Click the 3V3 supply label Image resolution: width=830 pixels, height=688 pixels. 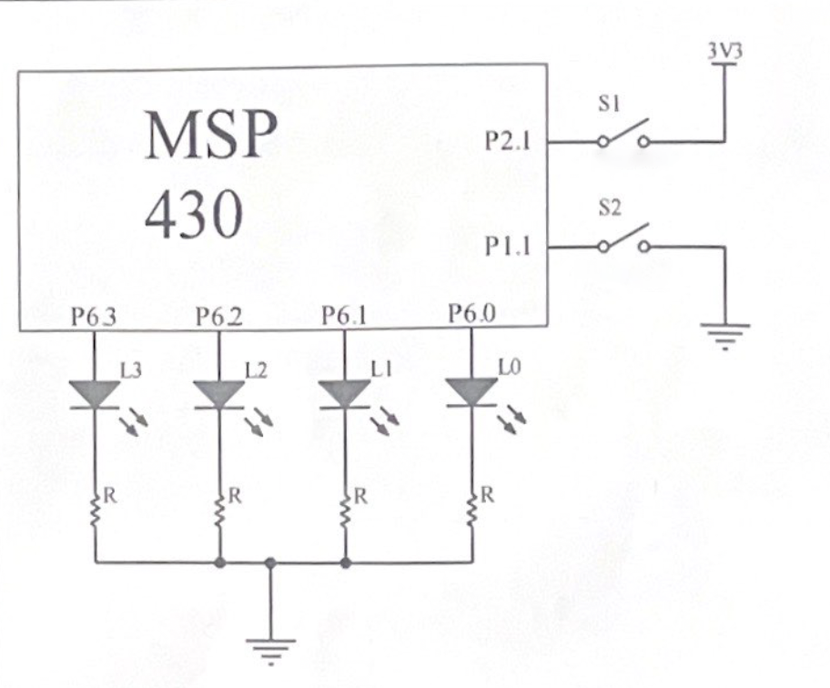pos(724,51)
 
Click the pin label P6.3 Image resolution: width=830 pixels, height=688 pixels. pos(95,319)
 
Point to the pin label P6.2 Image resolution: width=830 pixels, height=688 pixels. pos(220,319)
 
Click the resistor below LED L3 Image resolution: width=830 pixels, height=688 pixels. pos(96,508)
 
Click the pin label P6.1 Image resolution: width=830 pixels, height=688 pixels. pos(345,318)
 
